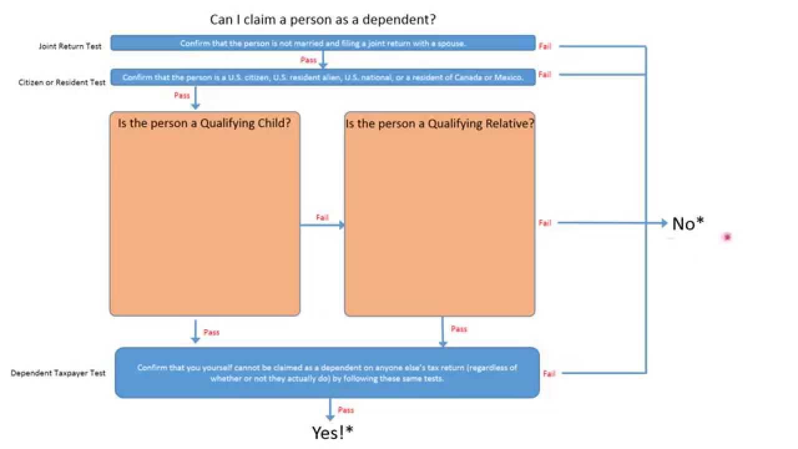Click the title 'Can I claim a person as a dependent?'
point(322,19)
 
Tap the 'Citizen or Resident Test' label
point(62,82)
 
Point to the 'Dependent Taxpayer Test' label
point(58,373)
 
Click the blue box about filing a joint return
point(323,43)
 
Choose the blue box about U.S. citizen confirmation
point(323,77)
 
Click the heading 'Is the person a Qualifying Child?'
point(204,123)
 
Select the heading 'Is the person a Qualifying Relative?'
point(440,123)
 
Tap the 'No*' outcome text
point(688,223)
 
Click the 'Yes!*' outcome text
point(333,432)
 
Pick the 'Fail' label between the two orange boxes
point(322,218)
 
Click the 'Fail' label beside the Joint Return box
point(545,46)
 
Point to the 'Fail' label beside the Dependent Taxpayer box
point(549,374)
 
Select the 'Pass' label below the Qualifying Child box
point(211,332)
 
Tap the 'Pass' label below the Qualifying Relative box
point(459,329)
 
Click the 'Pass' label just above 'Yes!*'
point(345,410)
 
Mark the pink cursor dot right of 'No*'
point(726,237)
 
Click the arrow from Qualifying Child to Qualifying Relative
point(322,225)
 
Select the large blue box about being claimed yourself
point(327,372)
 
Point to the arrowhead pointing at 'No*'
point(664,223)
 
